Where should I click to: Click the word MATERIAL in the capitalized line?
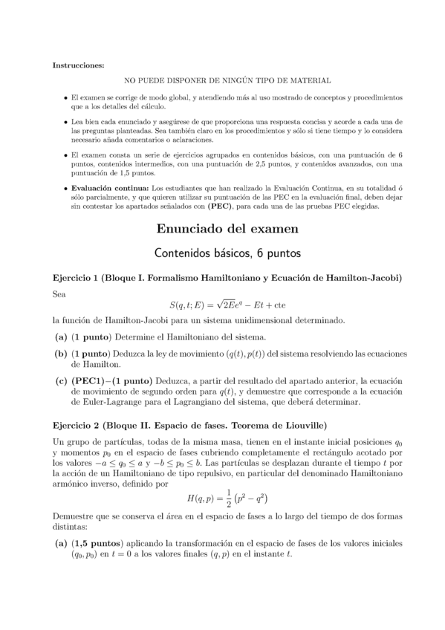coord(311,80)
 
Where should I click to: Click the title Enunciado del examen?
coord(222,228)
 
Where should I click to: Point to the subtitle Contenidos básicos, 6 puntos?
coord(222,253)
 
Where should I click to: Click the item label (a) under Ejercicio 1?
coord(60,337)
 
